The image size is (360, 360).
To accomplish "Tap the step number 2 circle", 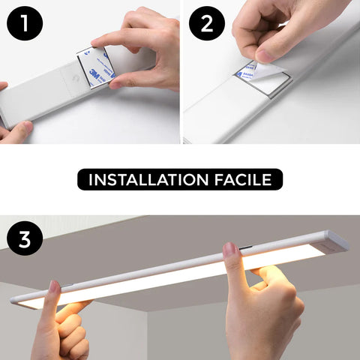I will click(x=207, y=25).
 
